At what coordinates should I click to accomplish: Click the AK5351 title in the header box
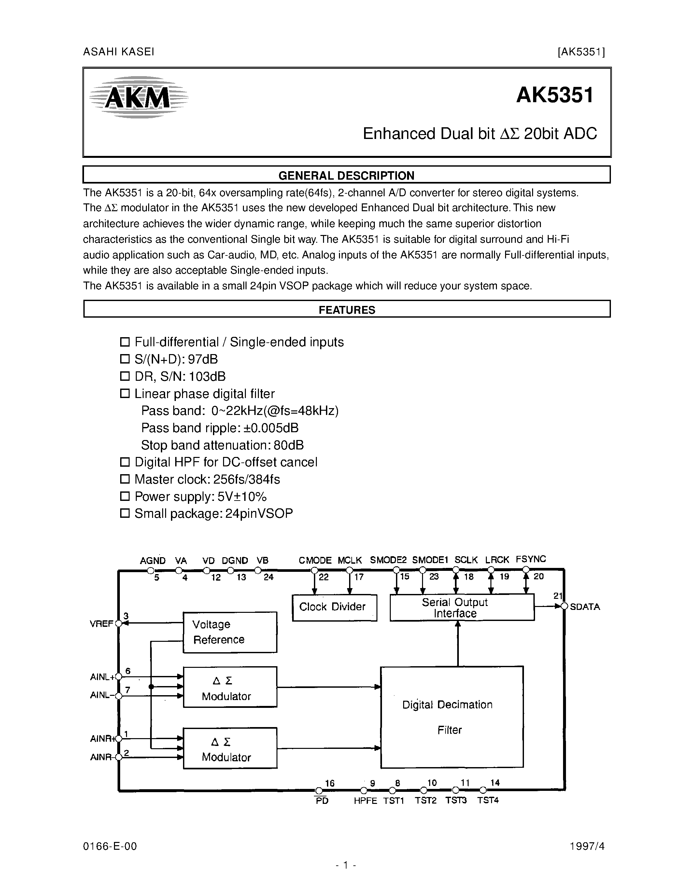tap(554, 95)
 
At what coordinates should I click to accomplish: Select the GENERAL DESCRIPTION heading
tap(346, 175)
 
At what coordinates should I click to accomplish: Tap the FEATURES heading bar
tap(346, 310)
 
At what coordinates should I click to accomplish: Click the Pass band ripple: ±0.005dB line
tap(220, 428)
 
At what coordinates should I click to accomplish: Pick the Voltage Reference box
tap(230, 632)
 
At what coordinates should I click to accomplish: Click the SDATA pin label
tap(585, 607)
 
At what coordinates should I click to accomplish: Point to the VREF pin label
tap(101, 624)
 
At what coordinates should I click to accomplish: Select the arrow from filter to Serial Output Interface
tap(458, 643)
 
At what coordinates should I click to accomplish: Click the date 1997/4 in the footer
tap(587, 846)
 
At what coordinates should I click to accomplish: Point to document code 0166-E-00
tap(110, 846)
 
